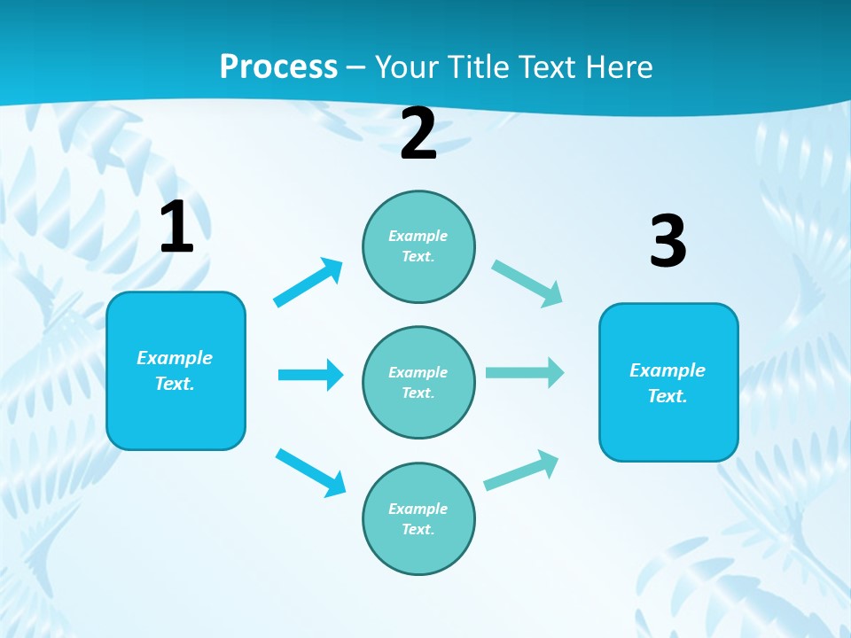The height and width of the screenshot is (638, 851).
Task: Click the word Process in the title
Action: tap(278, 66)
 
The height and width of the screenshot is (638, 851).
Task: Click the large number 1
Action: tap(176, 228)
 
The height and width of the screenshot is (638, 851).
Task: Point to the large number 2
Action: tap(418, 135)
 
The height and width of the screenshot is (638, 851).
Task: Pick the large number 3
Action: tap(668, 242)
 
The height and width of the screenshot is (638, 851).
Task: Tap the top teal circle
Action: tap(418, 246)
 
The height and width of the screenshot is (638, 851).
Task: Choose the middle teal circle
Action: tap(418, 383)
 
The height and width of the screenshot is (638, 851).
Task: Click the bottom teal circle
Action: tap(418, 519)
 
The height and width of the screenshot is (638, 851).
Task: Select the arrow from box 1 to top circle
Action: tap(308, 282)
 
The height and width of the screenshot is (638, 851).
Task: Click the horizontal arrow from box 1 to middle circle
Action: tap(310, 375)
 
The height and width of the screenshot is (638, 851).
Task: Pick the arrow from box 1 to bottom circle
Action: tap(310, 472)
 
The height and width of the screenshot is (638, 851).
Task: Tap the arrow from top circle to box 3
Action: tap(527, 283)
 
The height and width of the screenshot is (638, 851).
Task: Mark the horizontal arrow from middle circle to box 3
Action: tap(525, 372)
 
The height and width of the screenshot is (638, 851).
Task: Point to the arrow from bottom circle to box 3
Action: tap(521, 471)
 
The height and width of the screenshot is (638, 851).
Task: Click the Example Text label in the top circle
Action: tap(418, 246)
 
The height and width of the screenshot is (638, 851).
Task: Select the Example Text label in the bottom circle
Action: tap(418, 519)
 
